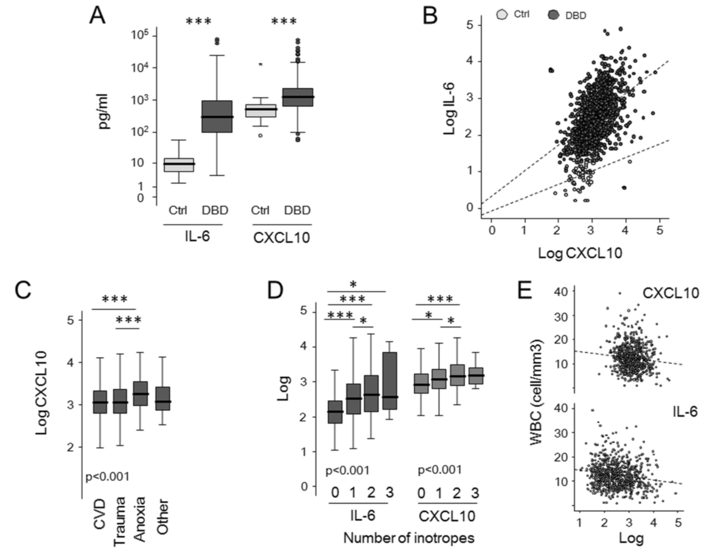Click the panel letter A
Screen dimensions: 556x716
click(x=97, y=15)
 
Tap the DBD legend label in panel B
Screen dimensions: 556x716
click(x=576, y=15)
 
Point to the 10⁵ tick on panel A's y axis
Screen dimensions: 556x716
click(x=140, y=36)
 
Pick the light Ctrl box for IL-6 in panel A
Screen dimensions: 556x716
click(x=178, y=165)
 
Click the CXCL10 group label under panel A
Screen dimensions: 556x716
click(x=282, y=238)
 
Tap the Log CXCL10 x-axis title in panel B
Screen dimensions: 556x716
click(x=580, y=253)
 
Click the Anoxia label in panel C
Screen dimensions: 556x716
click(x=140, y=519)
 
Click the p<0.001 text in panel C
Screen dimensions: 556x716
click(x=107, y=477)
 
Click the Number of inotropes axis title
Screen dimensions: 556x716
click(x=408, y=538)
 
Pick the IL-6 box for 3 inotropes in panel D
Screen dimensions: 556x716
click(x=389, y=381)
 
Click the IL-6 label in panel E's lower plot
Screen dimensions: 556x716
click(x=684, y=411)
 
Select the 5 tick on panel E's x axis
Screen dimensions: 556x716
click(x=678, y=522)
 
